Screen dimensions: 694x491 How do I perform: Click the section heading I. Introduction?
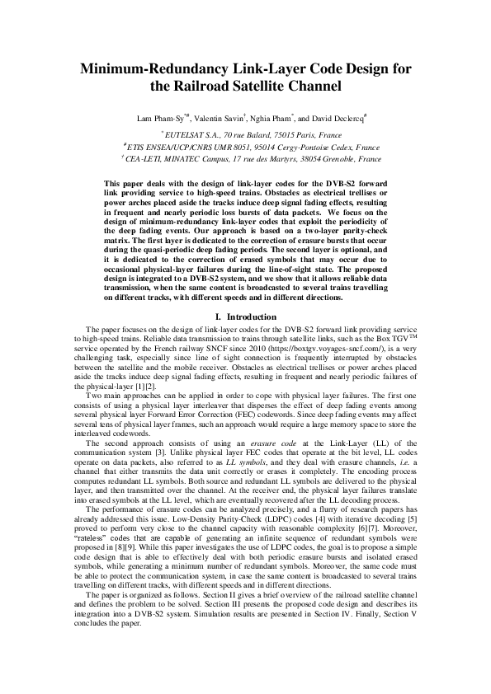(x=245, y=317)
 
